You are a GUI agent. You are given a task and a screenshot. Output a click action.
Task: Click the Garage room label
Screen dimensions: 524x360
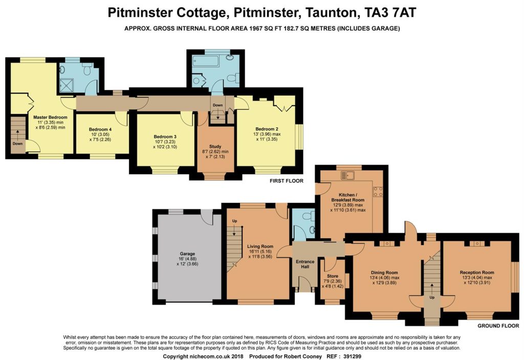click(187, 254)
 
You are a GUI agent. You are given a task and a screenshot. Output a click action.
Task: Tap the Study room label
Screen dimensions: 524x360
click(215, 146)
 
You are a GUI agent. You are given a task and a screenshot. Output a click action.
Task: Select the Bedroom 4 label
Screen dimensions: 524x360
click(100, 129)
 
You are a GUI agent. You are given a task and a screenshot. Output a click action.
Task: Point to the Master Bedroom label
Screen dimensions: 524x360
click(50, 117)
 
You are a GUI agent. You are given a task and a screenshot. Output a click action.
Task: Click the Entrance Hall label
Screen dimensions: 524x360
click(305, 264)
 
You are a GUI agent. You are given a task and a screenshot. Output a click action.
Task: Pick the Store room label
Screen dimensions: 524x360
click(333, 276)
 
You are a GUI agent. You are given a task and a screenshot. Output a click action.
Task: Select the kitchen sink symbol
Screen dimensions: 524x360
click(348, 175)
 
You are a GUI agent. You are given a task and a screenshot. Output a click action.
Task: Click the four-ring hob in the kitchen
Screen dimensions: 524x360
click(378, 191)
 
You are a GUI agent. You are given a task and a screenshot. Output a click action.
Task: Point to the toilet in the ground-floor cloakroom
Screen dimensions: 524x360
click(308, 216)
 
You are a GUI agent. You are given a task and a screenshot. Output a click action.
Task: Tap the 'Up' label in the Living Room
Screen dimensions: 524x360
click(234, 221)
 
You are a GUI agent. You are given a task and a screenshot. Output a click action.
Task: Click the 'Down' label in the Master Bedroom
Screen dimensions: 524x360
click(18, 144)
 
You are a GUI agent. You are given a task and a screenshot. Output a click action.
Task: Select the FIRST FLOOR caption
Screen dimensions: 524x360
click(287, 181)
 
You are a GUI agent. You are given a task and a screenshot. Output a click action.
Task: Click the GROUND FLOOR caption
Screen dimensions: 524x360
click(498, 326)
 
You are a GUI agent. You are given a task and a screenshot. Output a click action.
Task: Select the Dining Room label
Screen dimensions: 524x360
click(384, 273)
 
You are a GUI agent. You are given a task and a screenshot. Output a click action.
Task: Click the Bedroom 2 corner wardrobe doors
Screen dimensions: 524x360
click(284, 104)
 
